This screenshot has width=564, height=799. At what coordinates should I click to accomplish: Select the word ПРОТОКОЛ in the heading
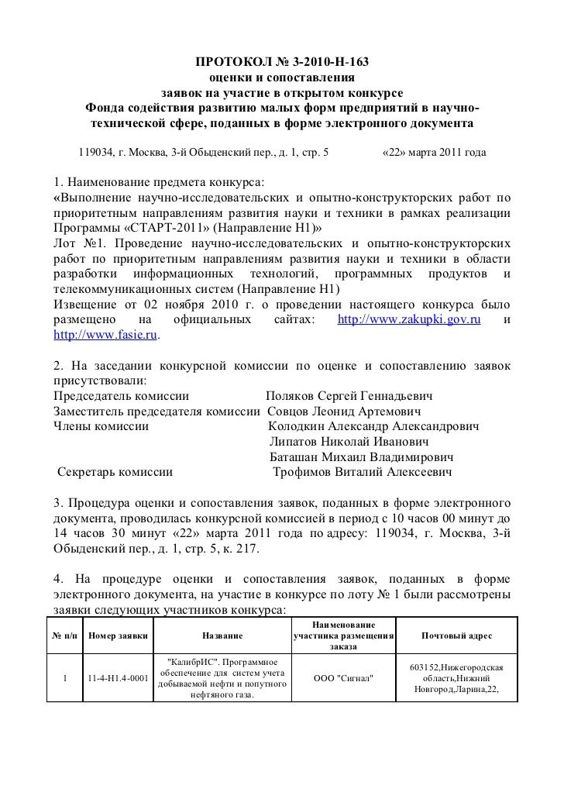coord(225,62)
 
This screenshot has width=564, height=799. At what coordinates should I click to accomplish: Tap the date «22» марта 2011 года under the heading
coord(435,153)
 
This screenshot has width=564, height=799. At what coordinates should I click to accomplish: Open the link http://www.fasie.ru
coord(105,336)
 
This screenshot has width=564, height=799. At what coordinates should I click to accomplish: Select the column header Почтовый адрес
coord(456,635)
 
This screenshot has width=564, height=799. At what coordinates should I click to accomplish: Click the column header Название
coord(222,635)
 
